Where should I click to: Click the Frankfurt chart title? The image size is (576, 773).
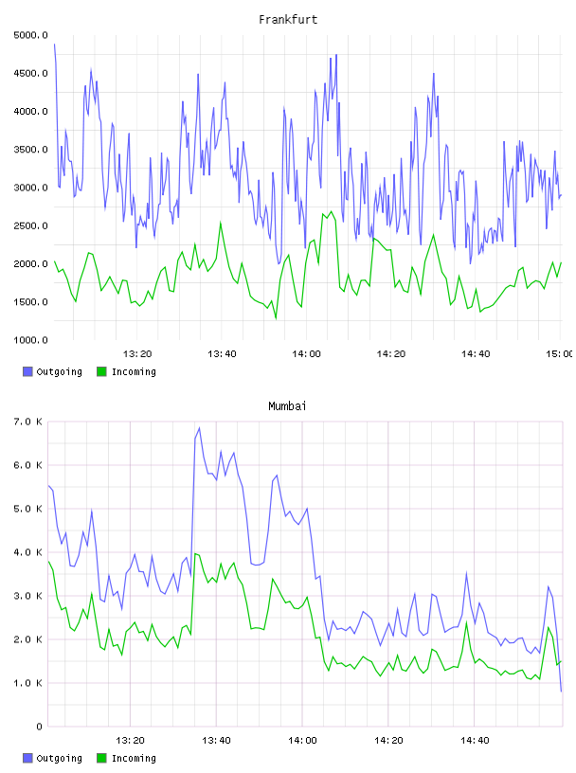[x=288, y=19]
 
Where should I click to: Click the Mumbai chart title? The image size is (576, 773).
[x=287, y=405]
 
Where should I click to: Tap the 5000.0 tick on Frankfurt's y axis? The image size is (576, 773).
[x=30, y=35]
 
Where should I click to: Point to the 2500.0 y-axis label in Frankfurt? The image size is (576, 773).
[x=30, y=225]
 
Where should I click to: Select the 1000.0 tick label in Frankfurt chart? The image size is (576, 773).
[x=30, y=340]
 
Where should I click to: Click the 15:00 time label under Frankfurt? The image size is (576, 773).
[x=559, y=353]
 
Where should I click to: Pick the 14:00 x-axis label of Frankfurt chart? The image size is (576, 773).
[x=306, y=353]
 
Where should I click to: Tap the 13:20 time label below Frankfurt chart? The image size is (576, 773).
[x=137, y=353]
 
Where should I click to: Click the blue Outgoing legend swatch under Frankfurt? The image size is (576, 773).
[x=27, y=371]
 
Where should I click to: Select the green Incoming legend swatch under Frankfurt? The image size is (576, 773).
[x=101, y=371]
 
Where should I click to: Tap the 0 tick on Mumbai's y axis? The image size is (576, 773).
[x=39, y=727]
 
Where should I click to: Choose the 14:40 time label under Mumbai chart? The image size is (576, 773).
[x=475, y=740]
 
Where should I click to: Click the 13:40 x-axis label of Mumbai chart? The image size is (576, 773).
[x=216, y=740]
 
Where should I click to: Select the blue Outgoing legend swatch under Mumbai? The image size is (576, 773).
[x=27, y=758]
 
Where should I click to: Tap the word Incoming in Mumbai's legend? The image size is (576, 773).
[x=134, y=758]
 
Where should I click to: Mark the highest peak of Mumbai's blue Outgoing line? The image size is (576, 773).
[x=199, y=427]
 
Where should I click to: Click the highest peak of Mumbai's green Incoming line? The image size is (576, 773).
[x=195, y=553]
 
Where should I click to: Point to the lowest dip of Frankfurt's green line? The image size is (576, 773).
[x=276, y=318]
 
